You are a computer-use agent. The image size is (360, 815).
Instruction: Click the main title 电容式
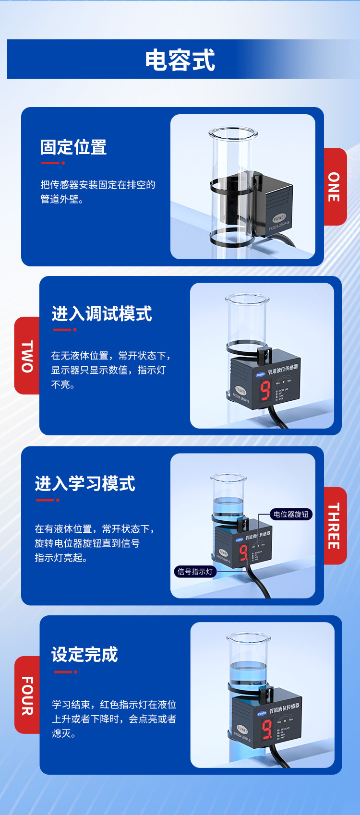tap(180, 60)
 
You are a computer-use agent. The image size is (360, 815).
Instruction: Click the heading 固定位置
tap(73, 147)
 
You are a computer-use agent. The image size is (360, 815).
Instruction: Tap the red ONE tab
tap(335, 187)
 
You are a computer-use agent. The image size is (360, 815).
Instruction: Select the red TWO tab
tap(27, 356)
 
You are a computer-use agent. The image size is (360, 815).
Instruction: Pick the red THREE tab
tap(335, 526)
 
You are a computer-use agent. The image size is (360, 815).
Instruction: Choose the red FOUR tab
tap(27, 695)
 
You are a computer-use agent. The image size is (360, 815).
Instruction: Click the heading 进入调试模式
tap(102, 314)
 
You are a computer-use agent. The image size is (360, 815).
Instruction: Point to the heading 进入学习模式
tap(85, 483)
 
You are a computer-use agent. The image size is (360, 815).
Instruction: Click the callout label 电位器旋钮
tap(291, 515)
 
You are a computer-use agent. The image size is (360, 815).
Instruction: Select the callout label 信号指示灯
tap(195, 572)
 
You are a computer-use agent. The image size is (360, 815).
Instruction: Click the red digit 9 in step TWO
tap(265, 391)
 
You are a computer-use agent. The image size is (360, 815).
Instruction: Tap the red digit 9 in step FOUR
tap(266, 729)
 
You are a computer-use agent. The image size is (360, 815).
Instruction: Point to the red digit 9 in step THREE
tap(244, 552)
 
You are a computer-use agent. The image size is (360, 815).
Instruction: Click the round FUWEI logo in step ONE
tap(279, 218)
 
